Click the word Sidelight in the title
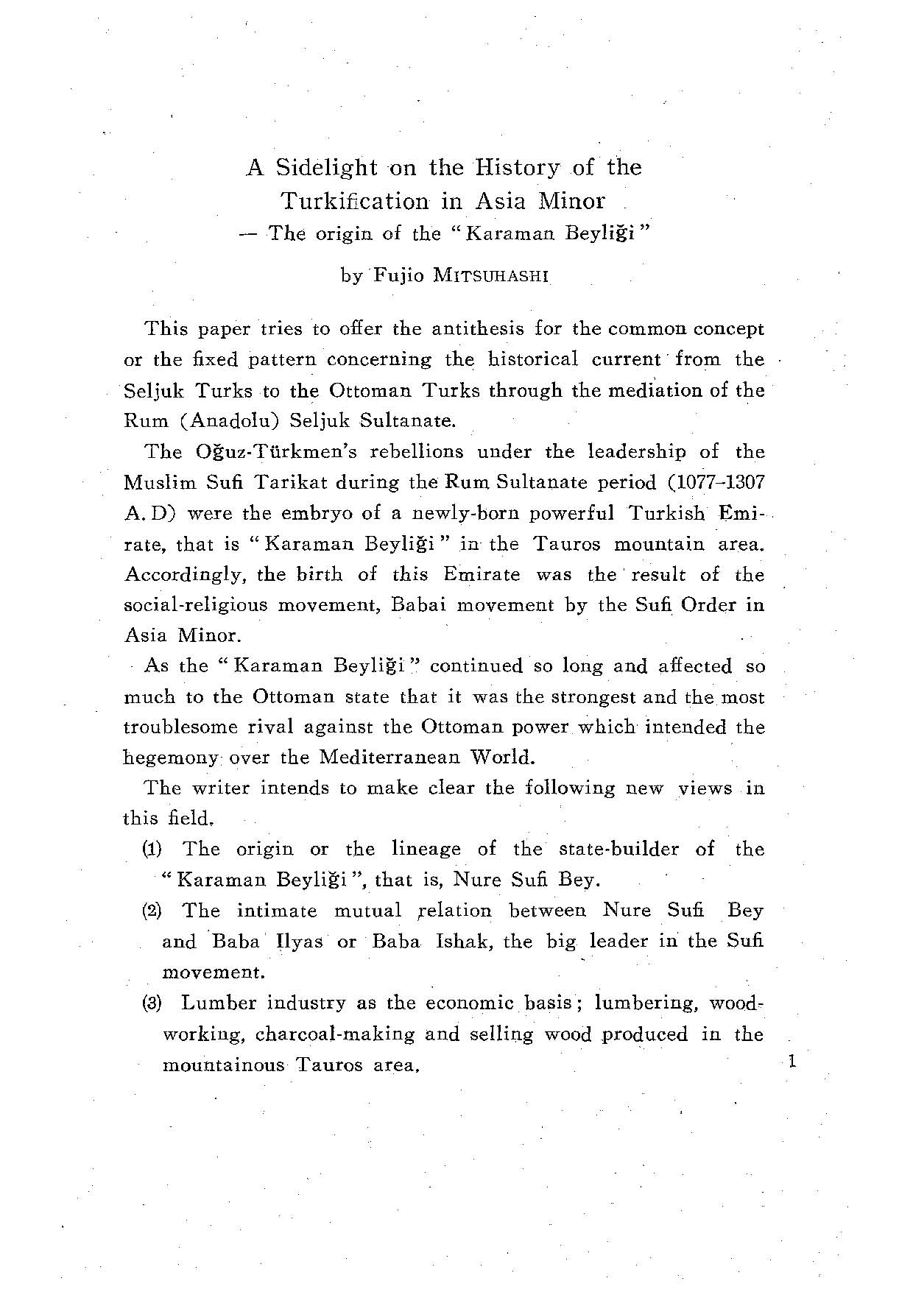(x=326, y=169)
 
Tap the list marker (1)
(x=152, y=850)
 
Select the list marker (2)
(x=152, y=911)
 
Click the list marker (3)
(x=152, y=1003)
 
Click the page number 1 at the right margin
(x=792, y=1061)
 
